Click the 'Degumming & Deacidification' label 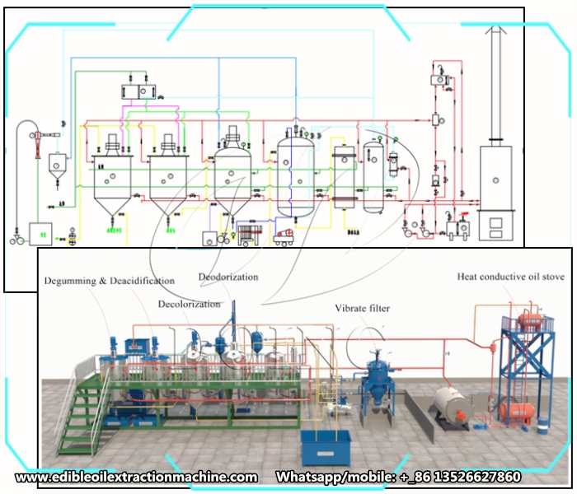(x=109, y=281)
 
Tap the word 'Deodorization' (x=228, y=277)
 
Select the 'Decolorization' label (x=190, y=304)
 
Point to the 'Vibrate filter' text (x=362, y=308)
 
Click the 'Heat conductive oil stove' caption (x=511, y=277)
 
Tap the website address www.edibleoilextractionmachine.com (x=136, y=477)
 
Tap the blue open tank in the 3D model (x=325, y=445)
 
